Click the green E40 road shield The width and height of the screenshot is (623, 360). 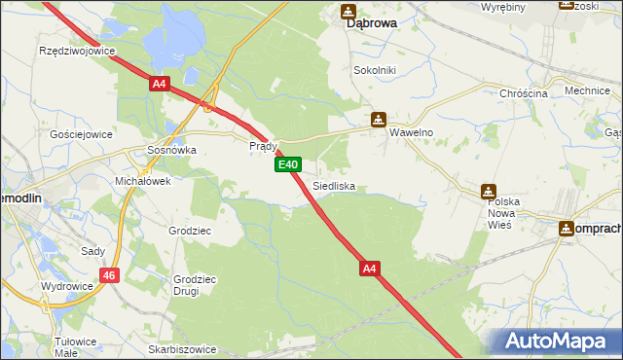click(286, 165)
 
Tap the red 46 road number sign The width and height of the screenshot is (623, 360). click(109, 276)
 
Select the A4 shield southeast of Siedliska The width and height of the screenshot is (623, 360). click(369, 267)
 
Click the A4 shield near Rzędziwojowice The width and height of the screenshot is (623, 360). click(161, 86)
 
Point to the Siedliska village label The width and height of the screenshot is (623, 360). click(334, 185)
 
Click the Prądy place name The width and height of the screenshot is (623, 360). click(264, 146)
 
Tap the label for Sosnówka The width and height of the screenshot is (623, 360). click(171, 151)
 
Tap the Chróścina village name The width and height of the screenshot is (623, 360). click(523, 92)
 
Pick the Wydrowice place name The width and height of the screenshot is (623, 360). click(66, 287)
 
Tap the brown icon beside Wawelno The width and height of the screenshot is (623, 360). click(378, 121)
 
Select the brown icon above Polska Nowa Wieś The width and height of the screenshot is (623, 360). click(489, 193)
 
